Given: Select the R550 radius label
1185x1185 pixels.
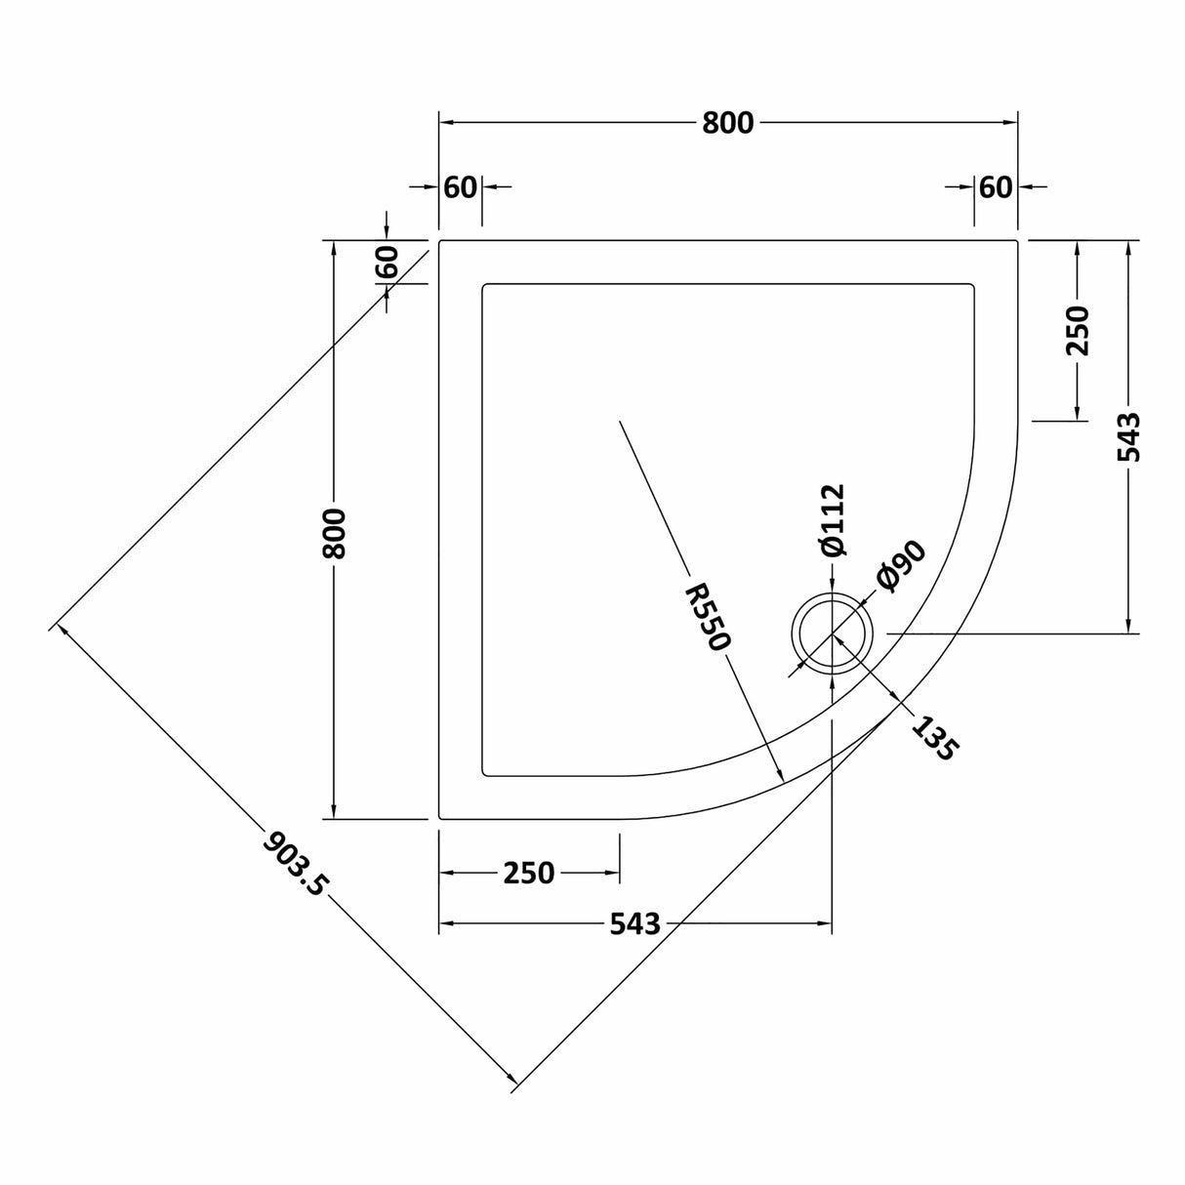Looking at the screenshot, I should [x=708, y=617].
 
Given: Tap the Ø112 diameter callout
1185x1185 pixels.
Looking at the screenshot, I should [x=832, y=520].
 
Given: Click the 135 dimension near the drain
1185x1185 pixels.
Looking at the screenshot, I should [x=935, y=737].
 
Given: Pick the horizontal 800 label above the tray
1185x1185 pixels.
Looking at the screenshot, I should [x=727, y=123].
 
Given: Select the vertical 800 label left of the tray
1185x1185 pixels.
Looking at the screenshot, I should [x=334, y=533].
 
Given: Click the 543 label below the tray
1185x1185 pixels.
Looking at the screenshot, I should [x=634, y=923].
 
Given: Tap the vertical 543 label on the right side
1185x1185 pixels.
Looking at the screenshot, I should [x=1129, y=436].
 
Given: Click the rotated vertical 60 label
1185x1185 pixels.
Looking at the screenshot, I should [x=387, y=262].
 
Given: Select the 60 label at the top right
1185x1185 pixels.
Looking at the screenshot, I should [x=995, y=186].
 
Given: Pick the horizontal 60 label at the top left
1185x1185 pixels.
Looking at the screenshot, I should [x=460, y=186].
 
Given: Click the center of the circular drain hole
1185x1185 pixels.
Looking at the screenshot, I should [x=832, y=633].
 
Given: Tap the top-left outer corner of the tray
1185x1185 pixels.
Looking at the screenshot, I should [x=439, y=240].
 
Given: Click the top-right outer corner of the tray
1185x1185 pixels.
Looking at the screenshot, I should [x=1018, y=240].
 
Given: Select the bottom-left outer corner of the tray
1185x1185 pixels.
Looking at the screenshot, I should [x=439, y=818].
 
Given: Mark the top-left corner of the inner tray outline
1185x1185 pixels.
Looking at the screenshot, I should [x=483, y=284].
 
